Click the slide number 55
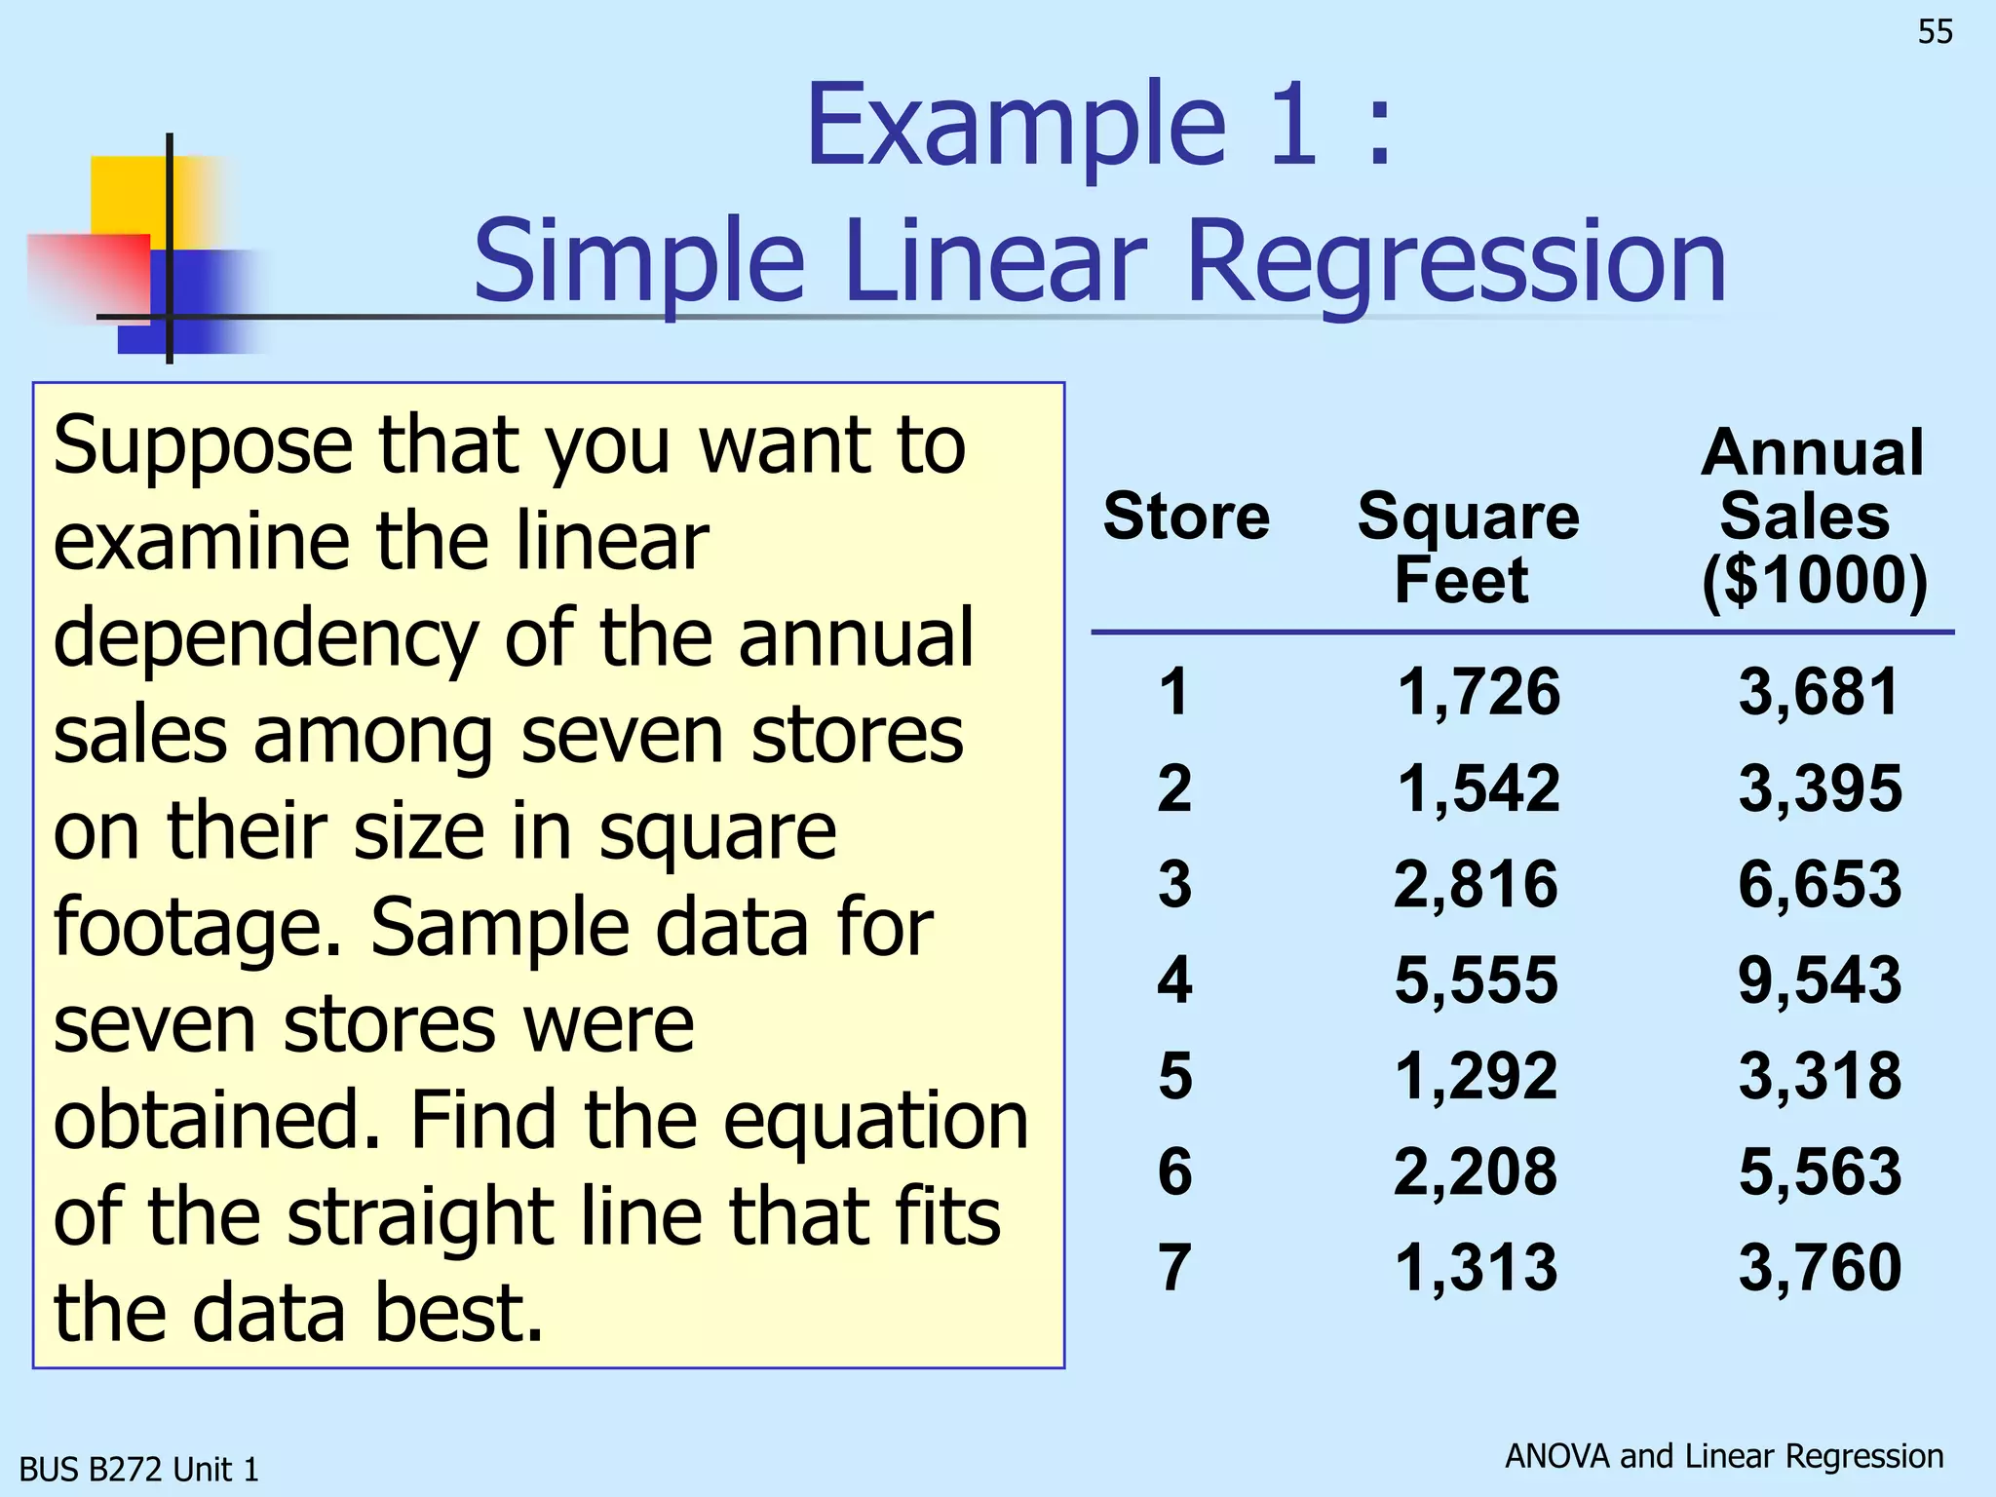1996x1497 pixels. click(1935, 32)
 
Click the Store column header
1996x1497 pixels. click(1186, 516)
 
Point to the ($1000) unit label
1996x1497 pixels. click(1814, 581)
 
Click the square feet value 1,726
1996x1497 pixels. click(1478, 692)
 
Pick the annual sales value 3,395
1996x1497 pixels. click(1820, 787)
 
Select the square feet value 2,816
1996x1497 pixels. click(1477, 884)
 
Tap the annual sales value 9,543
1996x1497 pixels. click(1820, 979)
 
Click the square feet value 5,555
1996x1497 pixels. click(1477, 979)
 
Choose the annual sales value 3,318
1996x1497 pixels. click(1820, 1076)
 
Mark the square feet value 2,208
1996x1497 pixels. click(1477, 1171)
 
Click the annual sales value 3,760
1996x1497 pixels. click(1820, 1267)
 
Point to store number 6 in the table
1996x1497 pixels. click(1174, 1171)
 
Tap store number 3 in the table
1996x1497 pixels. click(1174, 884)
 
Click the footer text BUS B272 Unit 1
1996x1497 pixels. click(139, 1469)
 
